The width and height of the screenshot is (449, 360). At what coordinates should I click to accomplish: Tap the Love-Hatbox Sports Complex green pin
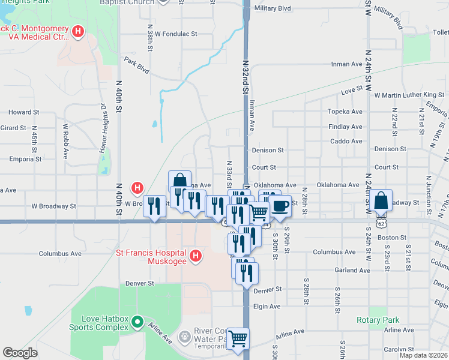click(x=137, y=322)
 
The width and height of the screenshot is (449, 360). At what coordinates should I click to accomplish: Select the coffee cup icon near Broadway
click(x=280, y=206)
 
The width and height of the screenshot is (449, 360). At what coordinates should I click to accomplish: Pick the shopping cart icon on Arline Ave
click(x=238, y=339)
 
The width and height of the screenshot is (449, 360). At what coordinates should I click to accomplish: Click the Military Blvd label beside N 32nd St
click(x=273, y=8)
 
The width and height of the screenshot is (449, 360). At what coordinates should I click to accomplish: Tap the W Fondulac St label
click(x=176, y=34)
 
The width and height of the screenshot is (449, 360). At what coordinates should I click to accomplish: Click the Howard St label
click(x=24, y=112)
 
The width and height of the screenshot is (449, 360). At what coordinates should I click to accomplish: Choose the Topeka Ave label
click(x=345, y=112)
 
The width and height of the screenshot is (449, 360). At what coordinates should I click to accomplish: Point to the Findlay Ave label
click(x=346, y=127)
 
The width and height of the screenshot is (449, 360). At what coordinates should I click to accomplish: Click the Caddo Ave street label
click(x=346, y=142)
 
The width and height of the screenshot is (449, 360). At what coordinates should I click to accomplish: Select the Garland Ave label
click(x=349, y=271)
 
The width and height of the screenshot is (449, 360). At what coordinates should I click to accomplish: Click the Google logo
click(x=20, y=353)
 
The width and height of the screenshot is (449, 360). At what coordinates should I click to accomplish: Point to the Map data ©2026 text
click(x=423, y=355)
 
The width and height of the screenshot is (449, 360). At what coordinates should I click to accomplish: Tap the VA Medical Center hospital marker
click(x=77, y=31)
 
